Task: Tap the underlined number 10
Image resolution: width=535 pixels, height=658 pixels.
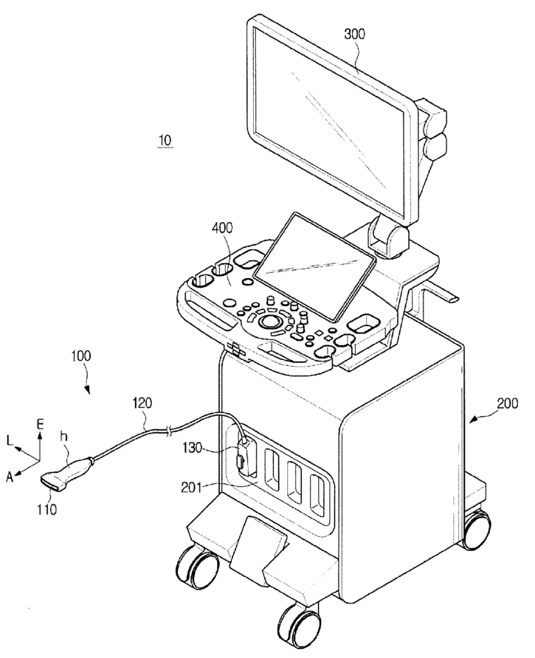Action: click(165, 139)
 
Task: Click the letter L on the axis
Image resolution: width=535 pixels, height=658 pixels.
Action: click(10, 440)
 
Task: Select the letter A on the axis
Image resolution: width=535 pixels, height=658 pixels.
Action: click(9, 477)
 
